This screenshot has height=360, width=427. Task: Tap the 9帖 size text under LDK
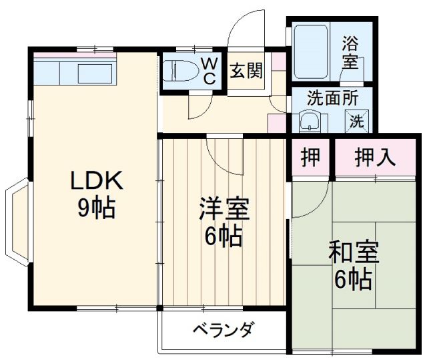pos(95,208)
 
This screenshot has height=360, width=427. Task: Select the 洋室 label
pos(224,209)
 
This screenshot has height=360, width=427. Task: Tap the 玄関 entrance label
pos(246,70)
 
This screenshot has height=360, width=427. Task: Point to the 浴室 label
pos(350,54)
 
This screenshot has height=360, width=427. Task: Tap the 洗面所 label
pos(332,98)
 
